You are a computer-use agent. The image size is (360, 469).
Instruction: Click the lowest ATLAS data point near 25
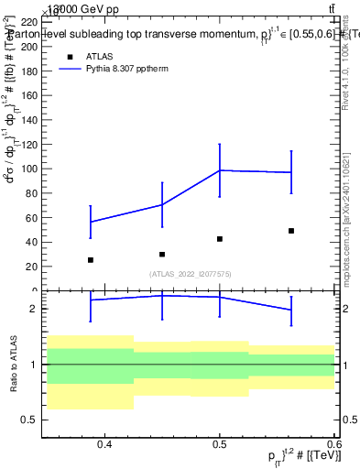91,260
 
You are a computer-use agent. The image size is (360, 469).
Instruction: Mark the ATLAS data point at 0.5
220,239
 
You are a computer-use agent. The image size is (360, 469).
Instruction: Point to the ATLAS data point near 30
162,255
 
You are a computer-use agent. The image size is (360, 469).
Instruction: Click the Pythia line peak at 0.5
220,170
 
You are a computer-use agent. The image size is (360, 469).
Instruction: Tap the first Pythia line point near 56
91,222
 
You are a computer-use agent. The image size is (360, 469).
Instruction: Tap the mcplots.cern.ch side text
346,256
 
